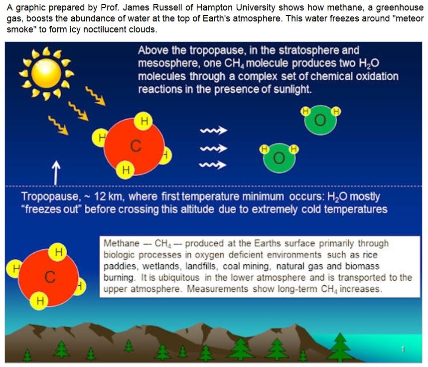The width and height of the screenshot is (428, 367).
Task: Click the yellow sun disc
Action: click(46, 73)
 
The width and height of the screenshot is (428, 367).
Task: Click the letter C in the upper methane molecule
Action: click(136, 146)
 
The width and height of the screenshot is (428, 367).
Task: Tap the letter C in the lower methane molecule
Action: click(50, 277)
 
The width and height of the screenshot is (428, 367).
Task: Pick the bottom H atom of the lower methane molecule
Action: click(40, 301)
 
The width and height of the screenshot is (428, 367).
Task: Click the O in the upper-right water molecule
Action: click(320, 120)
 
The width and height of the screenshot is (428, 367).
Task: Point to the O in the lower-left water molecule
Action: click(279, 158)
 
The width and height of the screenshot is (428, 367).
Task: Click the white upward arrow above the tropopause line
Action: click(56, 173)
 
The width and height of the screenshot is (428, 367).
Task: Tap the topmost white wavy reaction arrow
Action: click(213, 131)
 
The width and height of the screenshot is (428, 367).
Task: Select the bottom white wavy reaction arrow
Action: click(213, 165)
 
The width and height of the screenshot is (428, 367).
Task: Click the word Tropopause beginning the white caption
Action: click(51, 197)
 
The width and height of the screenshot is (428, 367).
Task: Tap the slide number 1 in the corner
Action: click(403, 349)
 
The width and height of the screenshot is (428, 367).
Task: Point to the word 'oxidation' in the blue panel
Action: click(377, 76)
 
